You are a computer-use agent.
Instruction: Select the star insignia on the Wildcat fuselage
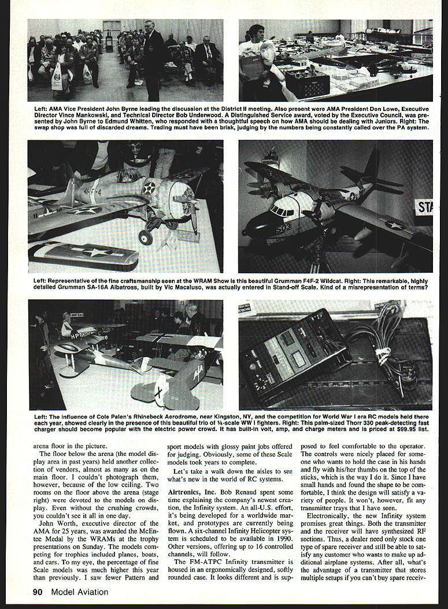(x=149, y=187)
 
